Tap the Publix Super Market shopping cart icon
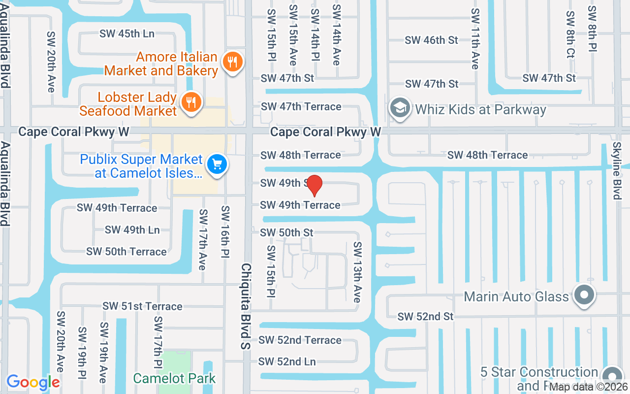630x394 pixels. click(217, 164)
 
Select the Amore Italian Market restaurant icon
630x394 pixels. click(231, 62)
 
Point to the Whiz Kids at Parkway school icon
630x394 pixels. click(401, 108)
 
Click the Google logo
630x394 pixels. click(33, 382)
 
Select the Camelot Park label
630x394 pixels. click(174, 378)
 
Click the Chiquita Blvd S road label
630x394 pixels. click(246, 306)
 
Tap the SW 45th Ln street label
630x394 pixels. click(127, 33)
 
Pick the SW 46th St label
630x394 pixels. click(432, 40)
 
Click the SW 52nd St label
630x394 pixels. click(426, 316)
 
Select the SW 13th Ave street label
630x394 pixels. click(358, 272)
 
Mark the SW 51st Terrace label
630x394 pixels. click(142, 306)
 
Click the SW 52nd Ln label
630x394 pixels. click(287, 361)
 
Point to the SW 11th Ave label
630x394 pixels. click(474, 38)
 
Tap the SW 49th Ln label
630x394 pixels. click(132, 230)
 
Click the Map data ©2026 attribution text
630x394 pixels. click(589, 387)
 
